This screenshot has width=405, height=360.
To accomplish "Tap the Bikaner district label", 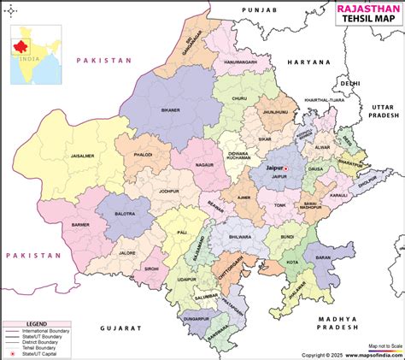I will [172, 110].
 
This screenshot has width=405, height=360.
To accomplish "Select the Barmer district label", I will [80, 226].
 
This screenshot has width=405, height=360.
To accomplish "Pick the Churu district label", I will [238, 99].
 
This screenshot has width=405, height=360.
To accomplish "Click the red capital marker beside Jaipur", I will [287, 168].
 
